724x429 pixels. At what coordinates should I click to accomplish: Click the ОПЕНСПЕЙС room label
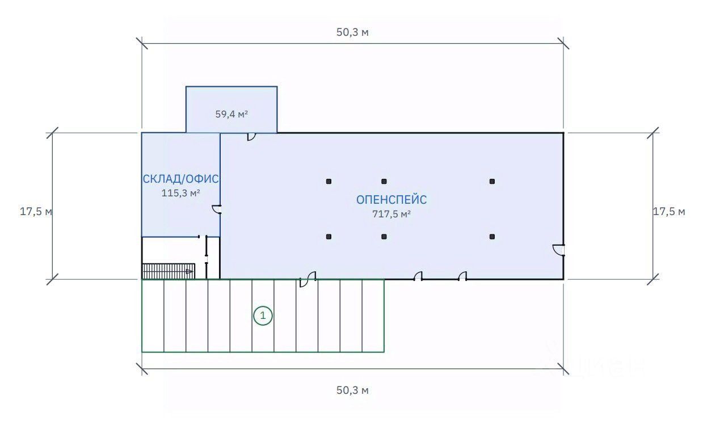[392, 200]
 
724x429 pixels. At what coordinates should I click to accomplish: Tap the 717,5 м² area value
[392, 214]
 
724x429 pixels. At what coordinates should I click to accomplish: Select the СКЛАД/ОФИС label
[180, 179]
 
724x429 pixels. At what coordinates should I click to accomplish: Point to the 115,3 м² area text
[180, 193]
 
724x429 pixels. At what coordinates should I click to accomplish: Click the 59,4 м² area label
[231, 114]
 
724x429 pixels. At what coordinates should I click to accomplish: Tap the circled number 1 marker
[263, 316]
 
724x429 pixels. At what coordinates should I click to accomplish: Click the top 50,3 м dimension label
[352, 32]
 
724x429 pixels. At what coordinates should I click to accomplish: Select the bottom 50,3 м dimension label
[352, 390]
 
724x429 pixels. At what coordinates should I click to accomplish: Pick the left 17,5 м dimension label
[36, 212]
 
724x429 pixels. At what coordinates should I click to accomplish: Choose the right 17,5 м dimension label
[669, 212]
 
